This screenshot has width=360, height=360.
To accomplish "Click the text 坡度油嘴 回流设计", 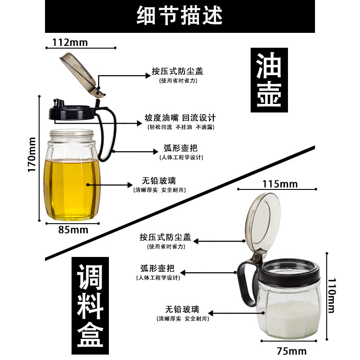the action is pos(180,118).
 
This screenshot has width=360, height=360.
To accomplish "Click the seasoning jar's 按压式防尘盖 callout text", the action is pos(165,237).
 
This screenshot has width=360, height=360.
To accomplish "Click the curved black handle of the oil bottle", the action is pos(110,135).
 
